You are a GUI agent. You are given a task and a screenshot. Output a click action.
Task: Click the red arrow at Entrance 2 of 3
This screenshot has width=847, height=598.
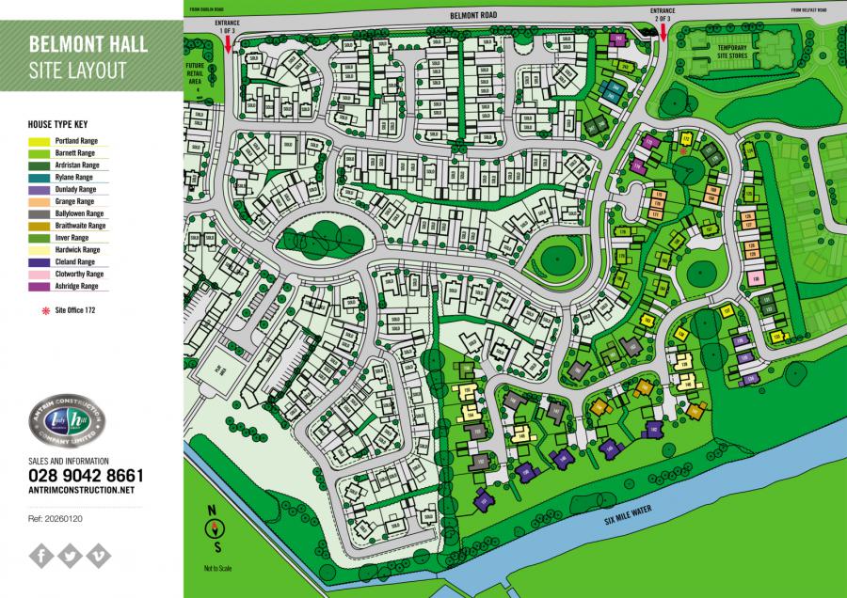663,33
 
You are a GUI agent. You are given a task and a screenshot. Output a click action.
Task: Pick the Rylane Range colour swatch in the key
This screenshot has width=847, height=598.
42,177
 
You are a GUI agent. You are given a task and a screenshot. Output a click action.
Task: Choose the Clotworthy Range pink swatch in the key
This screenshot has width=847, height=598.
42,274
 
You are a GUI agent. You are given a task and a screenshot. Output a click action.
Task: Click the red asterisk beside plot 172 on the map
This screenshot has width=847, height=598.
682,149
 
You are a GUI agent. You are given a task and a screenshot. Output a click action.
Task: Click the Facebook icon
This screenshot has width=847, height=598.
40,555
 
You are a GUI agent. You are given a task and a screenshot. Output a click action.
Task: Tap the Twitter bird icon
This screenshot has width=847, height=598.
70,555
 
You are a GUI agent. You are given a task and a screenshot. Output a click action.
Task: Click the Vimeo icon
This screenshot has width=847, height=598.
99,555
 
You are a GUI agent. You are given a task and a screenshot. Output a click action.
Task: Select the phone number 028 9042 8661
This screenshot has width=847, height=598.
86,476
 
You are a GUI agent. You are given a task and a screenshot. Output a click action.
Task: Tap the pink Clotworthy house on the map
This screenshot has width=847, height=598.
755,278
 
